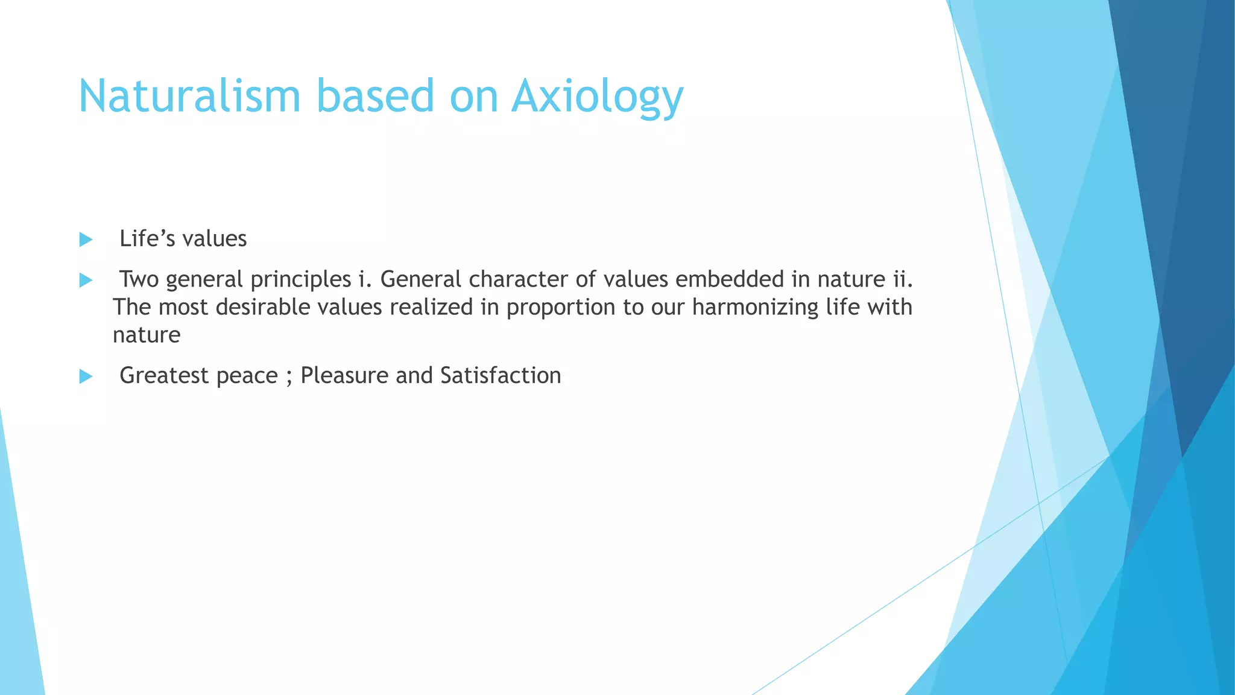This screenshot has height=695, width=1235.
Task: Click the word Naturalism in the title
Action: (x=189, y=97)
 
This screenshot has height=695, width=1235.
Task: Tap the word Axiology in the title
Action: (x=597, y=97)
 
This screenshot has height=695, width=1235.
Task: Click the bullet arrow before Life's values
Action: (x=86, y=240)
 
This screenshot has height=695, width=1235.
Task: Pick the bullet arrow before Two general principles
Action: (x=86, y=280)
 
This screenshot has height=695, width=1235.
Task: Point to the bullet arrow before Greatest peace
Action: (x=86, y=376)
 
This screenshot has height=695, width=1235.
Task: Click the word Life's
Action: (x=147, y=239)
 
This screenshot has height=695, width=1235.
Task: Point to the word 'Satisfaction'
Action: (x=501, y=375)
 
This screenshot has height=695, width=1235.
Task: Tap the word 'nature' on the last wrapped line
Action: (x=147, y=335)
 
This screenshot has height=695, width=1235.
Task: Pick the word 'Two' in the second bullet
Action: (x=139, y=279)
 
